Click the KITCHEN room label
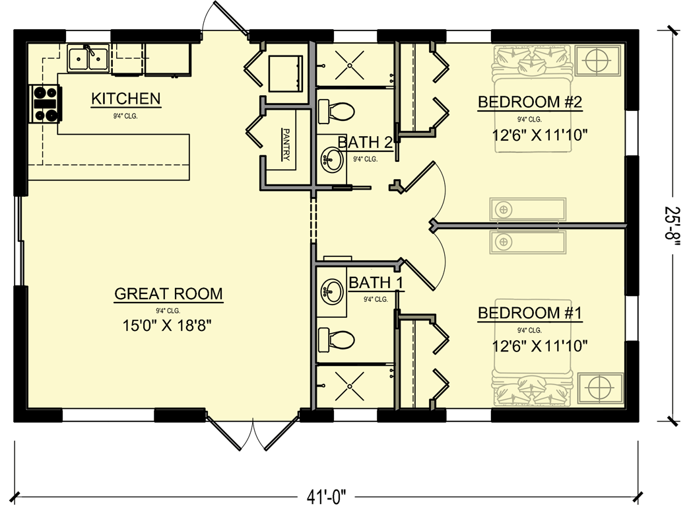(x=125, y=99)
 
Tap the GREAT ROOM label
(x=168, y=293)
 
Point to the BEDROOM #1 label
(x=529, y=313)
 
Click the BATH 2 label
(x=365, y=142)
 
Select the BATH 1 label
(x=376, y=283)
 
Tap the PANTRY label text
(x=286, y=145)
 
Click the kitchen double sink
(x=88, y=58)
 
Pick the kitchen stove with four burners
(x=45, y=105)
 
